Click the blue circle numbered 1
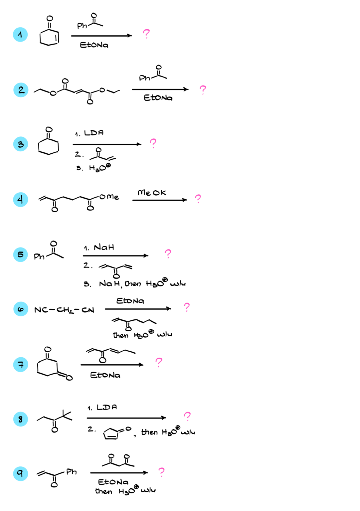tap(20, 35)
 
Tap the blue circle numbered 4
tap(20, 199)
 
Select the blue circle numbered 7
tap(21, 365)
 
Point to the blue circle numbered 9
tap(20, 474)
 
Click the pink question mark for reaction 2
tap(203, 90)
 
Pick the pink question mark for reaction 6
tap(187, 307)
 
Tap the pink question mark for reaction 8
tap(187, 416)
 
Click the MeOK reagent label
tap(152, 193)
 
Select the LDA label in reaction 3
tap(94, 133)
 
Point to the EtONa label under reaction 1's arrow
tap(94, 45)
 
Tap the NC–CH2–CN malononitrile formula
tap(64, 310)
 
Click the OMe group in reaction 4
tap(109, 197)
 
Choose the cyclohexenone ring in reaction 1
tap(49, 38)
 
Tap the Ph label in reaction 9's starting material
tap(72, 471)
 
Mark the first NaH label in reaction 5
tap(104, 247)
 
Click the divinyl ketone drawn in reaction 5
tap(116, 270)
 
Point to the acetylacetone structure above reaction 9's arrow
tap(118, 460)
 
